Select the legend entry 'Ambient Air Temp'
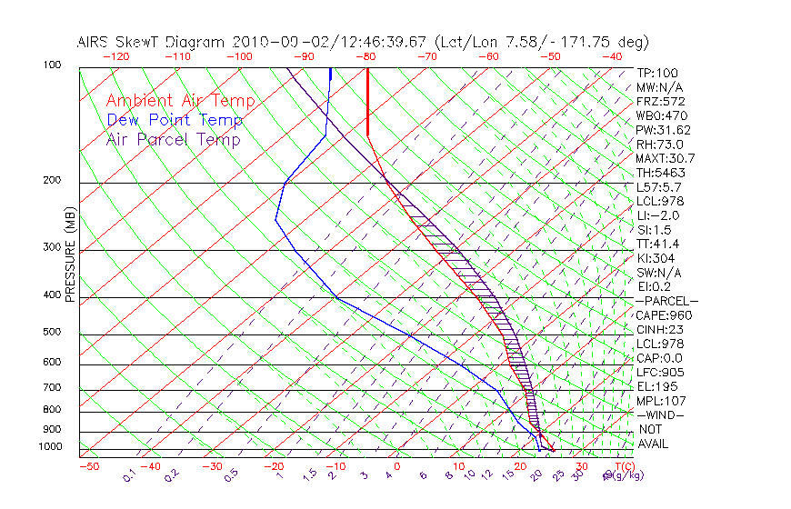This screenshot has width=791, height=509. click(x=180, y=101)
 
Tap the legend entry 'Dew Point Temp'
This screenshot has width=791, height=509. click(x=175, y=120)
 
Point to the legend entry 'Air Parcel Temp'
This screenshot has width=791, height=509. click(x=173, y=139)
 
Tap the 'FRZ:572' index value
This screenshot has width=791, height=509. click(x=660, y=101)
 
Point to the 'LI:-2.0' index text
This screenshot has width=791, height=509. click(x=656, y=215)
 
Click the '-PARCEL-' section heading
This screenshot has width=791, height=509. click(x=666, y=301)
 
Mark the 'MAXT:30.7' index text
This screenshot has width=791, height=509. click(x=664, y=158)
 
